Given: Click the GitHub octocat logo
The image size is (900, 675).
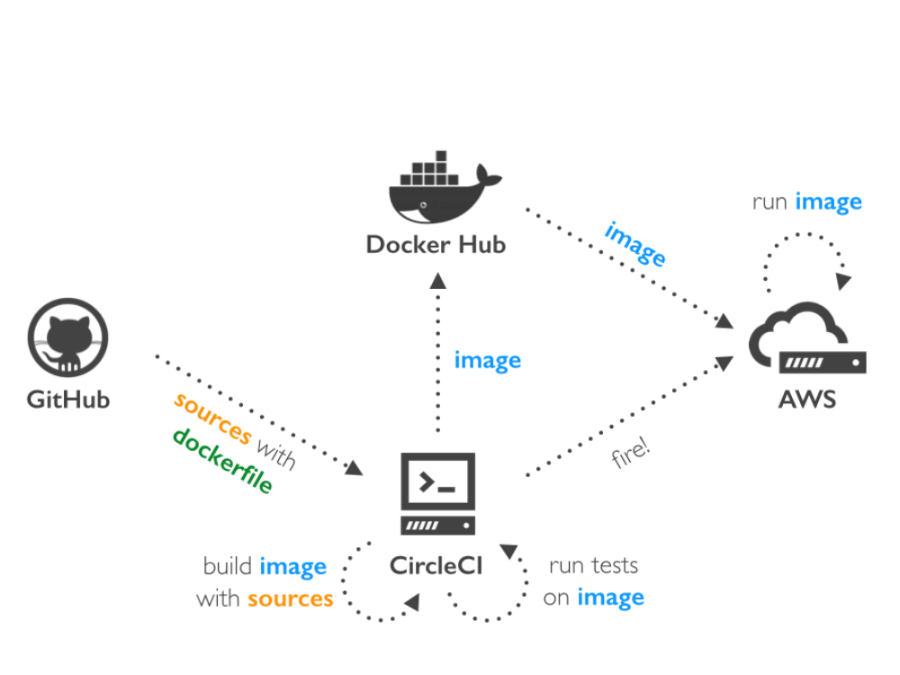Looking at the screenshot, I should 67,338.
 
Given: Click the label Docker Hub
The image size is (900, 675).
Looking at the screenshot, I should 436,245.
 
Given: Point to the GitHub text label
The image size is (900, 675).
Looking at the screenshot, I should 67,399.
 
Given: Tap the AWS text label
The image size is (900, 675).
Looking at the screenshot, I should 806,399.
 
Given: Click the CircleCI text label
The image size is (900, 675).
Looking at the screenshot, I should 436,566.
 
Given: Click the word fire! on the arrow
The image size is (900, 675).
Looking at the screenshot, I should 631,453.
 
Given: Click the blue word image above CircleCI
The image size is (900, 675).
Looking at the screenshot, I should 487,361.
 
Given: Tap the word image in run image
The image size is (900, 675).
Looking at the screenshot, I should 828,202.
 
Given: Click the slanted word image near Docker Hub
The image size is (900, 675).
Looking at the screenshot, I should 635,243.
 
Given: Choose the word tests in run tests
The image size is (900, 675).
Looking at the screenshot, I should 615,566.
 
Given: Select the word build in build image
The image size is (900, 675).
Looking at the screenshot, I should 228,566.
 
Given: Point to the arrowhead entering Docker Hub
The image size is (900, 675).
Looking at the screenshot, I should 437,280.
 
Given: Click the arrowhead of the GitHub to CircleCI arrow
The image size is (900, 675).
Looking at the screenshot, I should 354,468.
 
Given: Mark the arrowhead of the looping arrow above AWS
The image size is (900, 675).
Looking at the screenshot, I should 842,282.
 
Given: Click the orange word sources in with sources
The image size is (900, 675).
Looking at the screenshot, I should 290,598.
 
